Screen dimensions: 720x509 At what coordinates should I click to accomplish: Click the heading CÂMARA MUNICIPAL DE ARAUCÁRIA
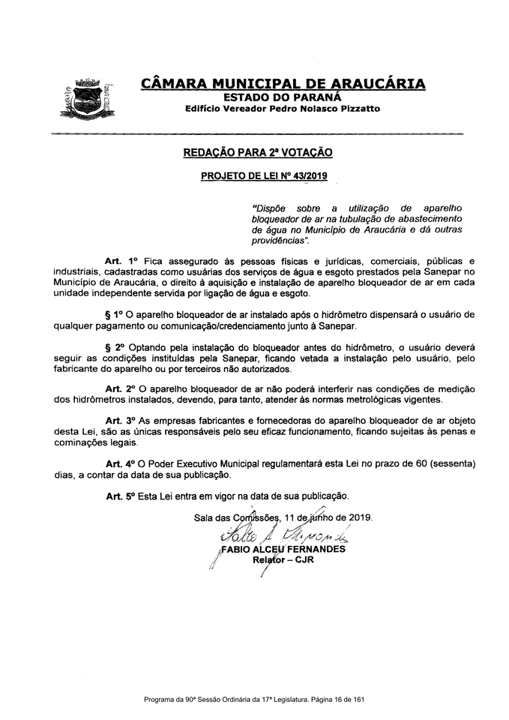283,83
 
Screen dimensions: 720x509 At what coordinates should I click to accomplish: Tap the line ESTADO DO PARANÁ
283,96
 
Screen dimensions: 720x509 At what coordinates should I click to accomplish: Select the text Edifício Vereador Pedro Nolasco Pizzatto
283,109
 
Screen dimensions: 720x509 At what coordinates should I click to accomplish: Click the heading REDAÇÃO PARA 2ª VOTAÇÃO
258,152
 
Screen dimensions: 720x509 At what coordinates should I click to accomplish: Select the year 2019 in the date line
359,517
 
